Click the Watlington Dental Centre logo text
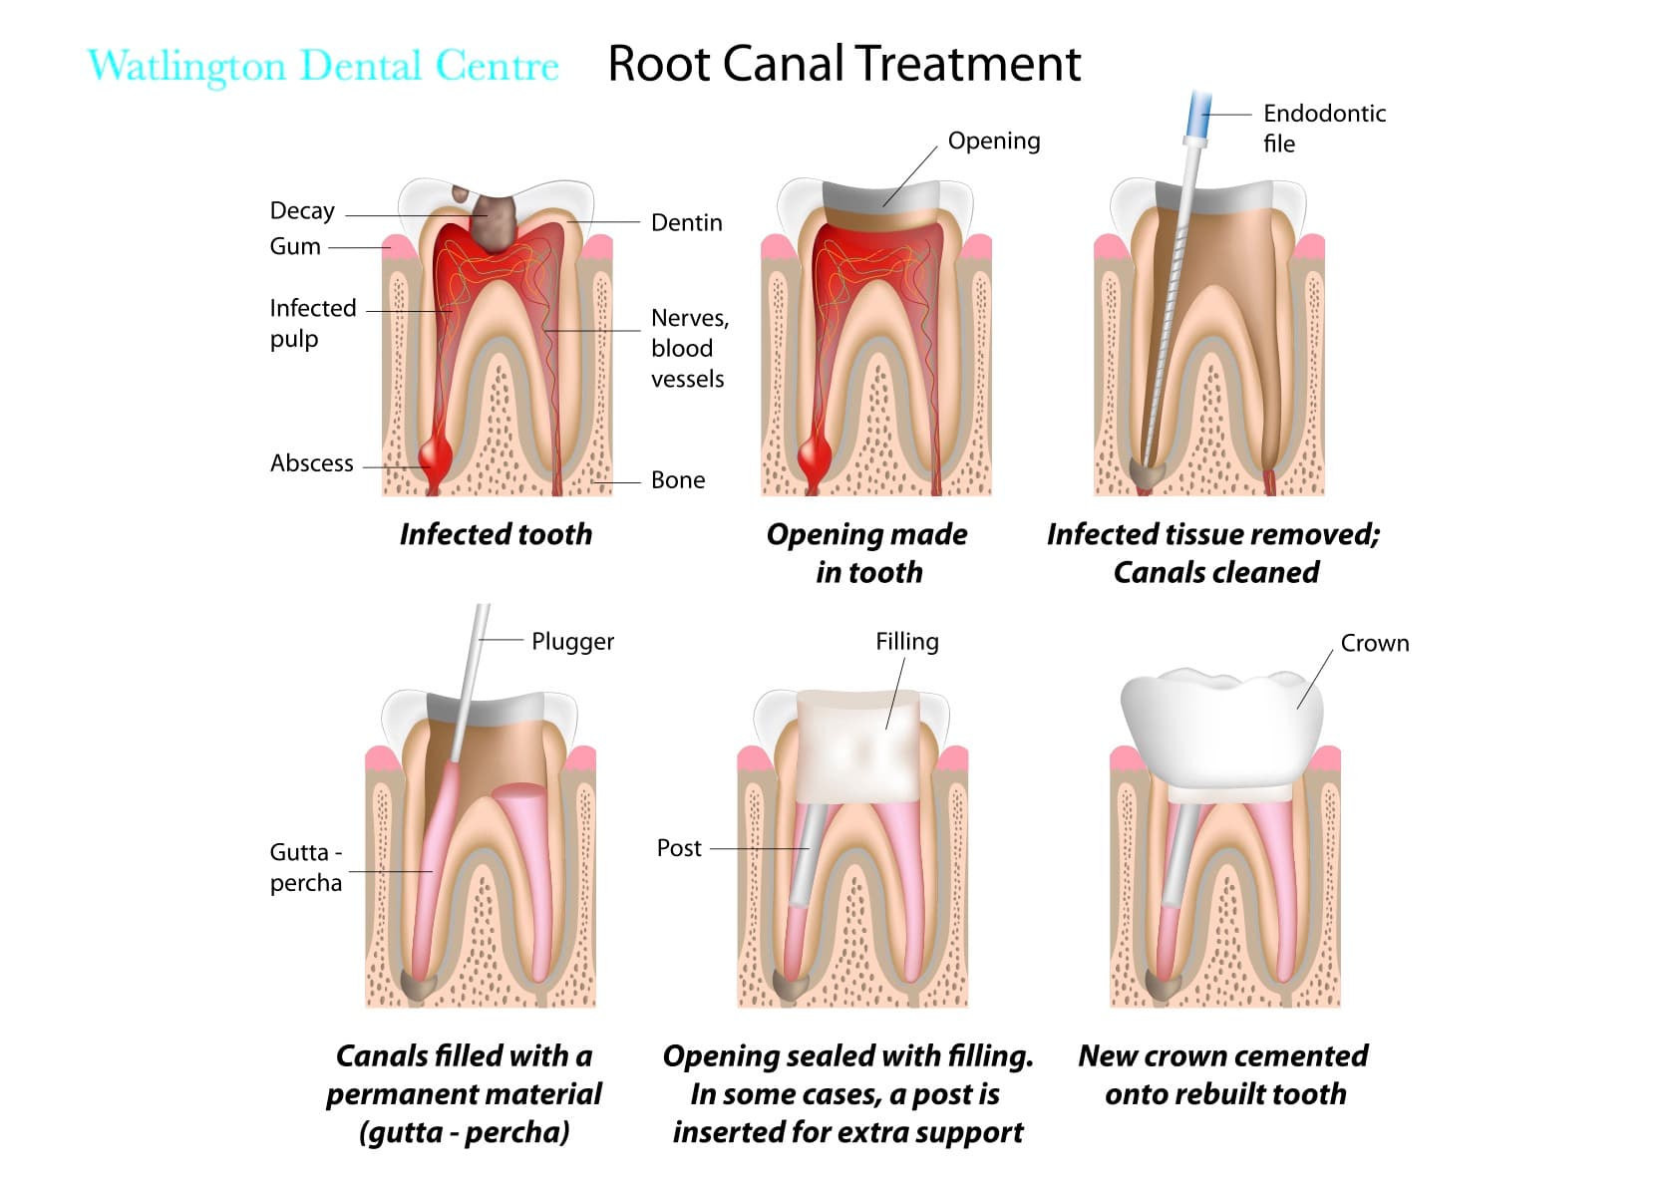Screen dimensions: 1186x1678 click(x=323, y=66)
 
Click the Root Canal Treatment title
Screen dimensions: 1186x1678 click(x=843, y=64)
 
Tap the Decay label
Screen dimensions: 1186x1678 click(x=302, y=211)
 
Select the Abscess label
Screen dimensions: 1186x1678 click(x=311, y=463)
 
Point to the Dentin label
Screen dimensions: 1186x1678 click(x=686, y=223)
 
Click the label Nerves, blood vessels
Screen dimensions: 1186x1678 click(x=689, y=348)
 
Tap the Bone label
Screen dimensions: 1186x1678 click(x=677, y=480)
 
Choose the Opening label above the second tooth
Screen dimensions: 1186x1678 click(x=993, y=142)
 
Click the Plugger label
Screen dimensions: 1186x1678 click(x=572, y=642)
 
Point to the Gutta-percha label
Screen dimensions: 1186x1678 click(x=306, y=867)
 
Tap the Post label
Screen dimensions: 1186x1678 click(x=679, y=848)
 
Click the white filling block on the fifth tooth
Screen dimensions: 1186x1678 click(x=857, y=747)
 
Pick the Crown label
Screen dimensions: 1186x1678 click(x=1374, y=644)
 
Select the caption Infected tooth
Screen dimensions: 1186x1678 click(x=496, y=535)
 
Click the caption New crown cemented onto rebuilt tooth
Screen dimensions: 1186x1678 click(x=1223, y=1074)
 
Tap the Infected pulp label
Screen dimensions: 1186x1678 click(x=312, y=323)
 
